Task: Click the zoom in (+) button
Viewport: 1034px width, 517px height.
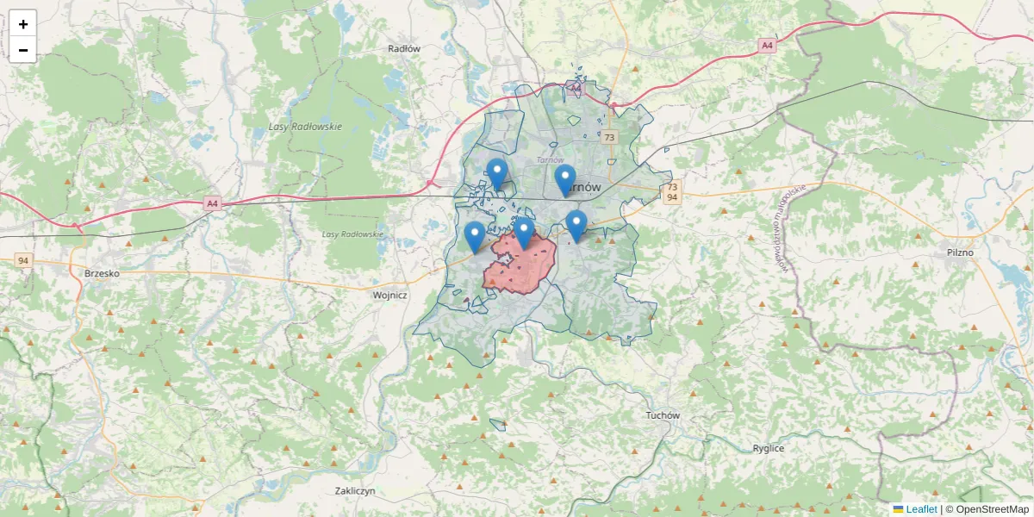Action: pos(23,24)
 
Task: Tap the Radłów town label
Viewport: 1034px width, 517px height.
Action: pos(404,49)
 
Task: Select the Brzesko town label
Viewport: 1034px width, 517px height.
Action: pos(102,273)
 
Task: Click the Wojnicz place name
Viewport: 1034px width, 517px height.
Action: pos(389,295)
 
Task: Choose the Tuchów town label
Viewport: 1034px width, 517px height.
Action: pos(663,415)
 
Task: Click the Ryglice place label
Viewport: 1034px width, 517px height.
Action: pos(768,448)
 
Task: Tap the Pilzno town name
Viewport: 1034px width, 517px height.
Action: pos(959,252)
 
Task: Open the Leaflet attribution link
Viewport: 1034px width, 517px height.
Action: pos(921,509)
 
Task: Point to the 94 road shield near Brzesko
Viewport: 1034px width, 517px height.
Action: pos(22,260)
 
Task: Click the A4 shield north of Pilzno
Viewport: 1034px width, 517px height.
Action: pos(767,45)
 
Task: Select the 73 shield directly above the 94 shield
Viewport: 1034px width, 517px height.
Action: pos(672,186)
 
